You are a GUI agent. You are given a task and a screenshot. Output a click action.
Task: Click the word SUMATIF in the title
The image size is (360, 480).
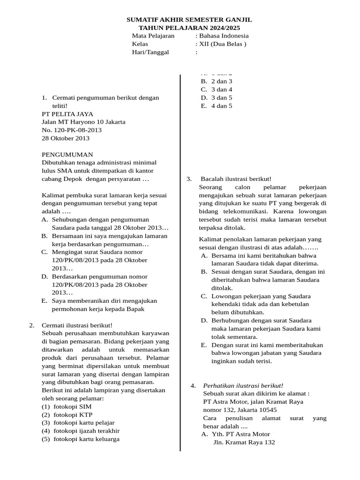(143, 20)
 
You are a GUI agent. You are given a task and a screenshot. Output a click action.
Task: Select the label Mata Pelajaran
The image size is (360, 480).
(153, 36)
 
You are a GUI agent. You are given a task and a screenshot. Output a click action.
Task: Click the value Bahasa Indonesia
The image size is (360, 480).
(224, 36)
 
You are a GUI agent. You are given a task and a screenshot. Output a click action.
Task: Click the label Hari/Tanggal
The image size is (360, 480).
(150, 52)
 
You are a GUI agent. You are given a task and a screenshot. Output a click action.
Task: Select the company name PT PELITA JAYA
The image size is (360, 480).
(67, 114)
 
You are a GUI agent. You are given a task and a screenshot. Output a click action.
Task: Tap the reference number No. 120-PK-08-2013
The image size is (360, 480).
(72, 130)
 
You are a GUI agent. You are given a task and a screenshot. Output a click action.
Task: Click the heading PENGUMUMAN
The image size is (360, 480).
(67, 155)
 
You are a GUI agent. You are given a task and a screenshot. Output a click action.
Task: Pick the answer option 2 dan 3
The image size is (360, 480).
(222, 81)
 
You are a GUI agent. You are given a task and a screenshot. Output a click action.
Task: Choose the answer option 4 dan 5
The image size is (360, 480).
(222, 106)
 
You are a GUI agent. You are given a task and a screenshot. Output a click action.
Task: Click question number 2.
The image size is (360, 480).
(32, 325)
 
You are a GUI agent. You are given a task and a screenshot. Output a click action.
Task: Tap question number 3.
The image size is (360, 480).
(189, 179)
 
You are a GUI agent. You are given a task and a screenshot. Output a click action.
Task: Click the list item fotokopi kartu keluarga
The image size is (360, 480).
(86, 439)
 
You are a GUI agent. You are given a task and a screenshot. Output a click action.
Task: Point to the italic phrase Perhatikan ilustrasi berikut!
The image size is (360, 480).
(243, 385)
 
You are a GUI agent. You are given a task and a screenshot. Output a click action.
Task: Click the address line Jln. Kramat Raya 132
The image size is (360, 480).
(244, 442)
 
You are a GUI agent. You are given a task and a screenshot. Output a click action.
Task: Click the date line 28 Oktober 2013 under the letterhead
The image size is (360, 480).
(66, 138)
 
